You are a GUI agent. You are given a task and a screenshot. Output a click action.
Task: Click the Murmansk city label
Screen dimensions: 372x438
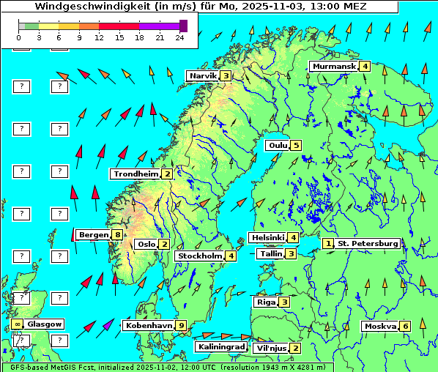click(333, 67)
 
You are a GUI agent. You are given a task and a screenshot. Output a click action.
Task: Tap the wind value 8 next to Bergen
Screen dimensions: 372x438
click(117, 235)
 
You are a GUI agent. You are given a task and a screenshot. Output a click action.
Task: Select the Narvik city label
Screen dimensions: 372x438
click(203, 75)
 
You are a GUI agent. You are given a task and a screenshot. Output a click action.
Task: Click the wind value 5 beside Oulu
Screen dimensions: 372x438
click(296, 145)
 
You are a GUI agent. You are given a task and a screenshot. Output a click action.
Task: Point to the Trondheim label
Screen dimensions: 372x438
click(136, 174)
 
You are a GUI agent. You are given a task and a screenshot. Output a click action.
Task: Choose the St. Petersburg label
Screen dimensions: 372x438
click(368, 243)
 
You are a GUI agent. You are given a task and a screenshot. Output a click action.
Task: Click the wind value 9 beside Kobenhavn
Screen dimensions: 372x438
click(181, 325)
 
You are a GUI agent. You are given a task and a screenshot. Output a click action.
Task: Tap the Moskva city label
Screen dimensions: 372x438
click(380, 326)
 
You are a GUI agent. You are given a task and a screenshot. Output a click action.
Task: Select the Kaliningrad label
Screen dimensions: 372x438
click(220, 346)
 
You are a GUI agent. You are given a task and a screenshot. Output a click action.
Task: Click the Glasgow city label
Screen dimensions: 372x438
click(45, 324)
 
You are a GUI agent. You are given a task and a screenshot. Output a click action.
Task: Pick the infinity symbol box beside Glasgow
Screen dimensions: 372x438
click(17, 324)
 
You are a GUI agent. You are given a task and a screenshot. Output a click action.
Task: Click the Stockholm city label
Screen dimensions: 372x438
click(199, 256)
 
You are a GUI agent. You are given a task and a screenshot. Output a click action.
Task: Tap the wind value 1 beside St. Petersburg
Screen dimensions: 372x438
click(328, 243)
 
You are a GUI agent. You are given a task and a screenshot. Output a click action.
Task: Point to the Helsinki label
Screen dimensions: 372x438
click(267, 237)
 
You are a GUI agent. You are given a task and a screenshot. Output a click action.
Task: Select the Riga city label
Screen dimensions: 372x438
click(264, 302)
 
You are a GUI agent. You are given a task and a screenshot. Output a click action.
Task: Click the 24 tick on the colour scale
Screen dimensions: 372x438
click(180, 37)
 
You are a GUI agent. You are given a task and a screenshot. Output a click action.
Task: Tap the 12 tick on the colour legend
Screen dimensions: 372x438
click(99, 37)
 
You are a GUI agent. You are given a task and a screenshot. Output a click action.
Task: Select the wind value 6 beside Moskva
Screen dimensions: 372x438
click(405, 326)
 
